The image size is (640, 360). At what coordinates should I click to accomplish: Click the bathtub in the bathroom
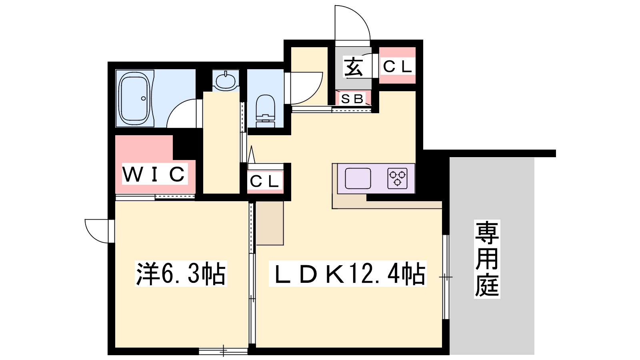tap(135, 98)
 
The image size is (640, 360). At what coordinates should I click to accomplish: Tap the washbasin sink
tap(226, 80)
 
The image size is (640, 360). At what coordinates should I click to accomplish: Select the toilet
tap(266, 111)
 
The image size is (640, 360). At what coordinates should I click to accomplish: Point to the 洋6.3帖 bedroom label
tap(181, 274)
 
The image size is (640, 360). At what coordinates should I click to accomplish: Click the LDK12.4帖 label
tap(348, 274)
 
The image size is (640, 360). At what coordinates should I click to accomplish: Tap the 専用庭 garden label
tap(487, 259)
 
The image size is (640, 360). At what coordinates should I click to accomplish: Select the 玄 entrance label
tap(354, 67)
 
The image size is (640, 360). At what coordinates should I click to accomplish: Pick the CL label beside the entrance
tap(397, 66)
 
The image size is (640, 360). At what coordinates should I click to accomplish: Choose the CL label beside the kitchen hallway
tap(264, 181)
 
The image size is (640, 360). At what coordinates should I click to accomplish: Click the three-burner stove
tap(397, 178)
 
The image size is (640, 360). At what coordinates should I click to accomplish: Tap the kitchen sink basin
tap(358, 178)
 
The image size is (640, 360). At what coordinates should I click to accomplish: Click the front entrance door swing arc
tap(362, 16)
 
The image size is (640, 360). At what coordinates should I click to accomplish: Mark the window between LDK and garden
tap(446, 277)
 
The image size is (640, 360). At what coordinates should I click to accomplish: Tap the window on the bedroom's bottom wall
tap(224, 351)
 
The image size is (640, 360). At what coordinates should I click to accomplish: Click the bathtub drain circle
tap(144, 98)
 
